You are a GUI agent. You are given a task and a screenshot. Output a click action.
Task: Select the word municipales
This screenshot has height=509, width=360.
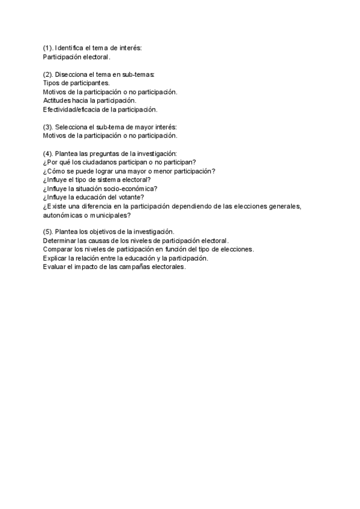(106, 214)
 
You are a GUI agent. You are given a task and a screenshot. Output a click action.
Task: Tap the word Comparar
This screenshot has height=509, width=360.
(59, 249)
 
